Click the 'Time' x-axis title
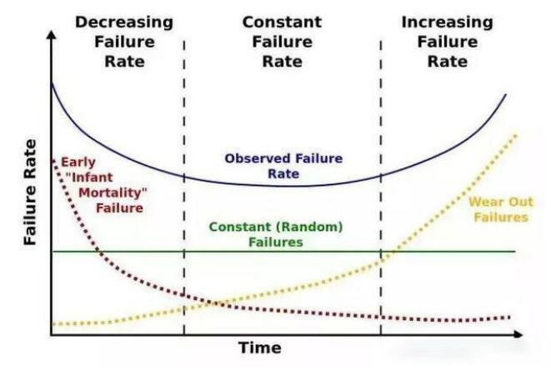260,347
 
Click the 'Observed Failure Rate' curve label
284,166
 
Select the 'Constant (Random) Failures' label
276,234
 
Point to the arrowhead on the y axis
52,38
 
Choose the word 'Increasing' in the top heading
447,22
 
